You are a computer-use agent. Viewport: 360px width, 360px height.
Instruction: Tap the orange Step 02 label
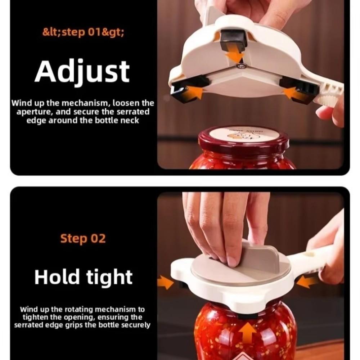click(83, 238)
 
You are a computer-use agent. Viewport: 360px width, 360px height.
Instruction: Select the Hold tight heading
click(83, 277)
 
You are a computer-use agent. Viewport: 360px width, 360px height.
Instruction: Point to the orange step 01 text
click(84, 32)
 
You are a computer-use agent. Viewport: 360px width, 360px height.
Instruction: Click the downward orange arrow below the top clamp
click(235, 56)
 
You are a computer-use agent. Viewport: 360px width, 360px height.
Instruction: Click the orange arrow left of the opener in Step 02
click(166, 282)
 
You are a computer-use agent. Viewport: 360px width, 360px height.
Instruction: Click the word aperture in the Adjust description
click(33, 112)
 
